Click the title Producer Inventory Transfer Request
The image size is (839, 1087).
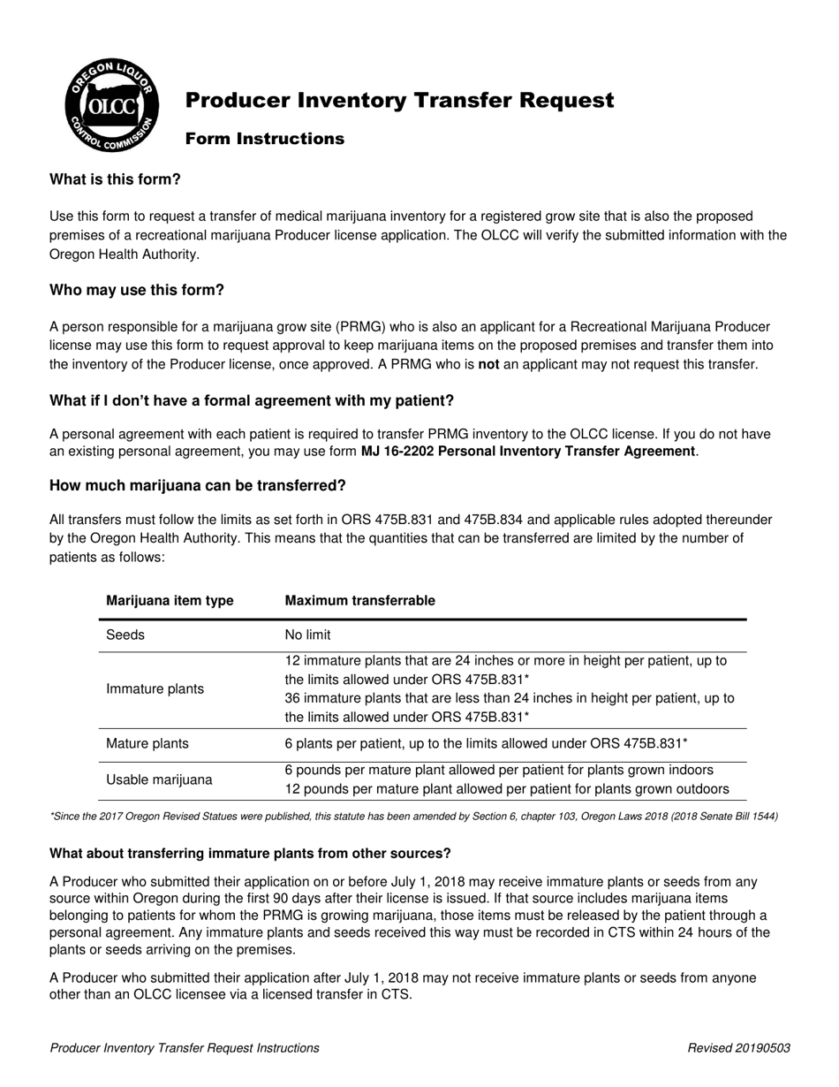tap(399, 101)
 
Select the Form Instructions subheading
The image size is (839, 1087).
tap(264, 139)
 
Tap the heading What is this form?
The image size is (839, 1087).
tap(115, 179)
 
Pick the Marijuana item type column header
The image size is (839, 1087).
tap(170, 601)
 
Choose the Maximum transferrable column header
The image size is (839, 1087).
tap(359, 601)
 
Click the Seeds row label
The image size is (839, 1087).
tap(125, 635)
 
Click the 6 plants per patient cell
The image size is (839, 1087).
tap(486, 743)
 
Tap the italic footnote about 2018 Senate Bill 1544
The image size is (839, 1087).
tap(413, 817)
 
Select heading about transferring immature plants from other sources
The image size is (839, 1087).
tap(250, 853)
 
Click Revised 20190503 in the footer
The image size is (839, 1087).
tap(738, 1048)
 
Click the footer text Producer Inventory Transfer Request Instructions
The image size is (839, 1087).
tap(185, 1048)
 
